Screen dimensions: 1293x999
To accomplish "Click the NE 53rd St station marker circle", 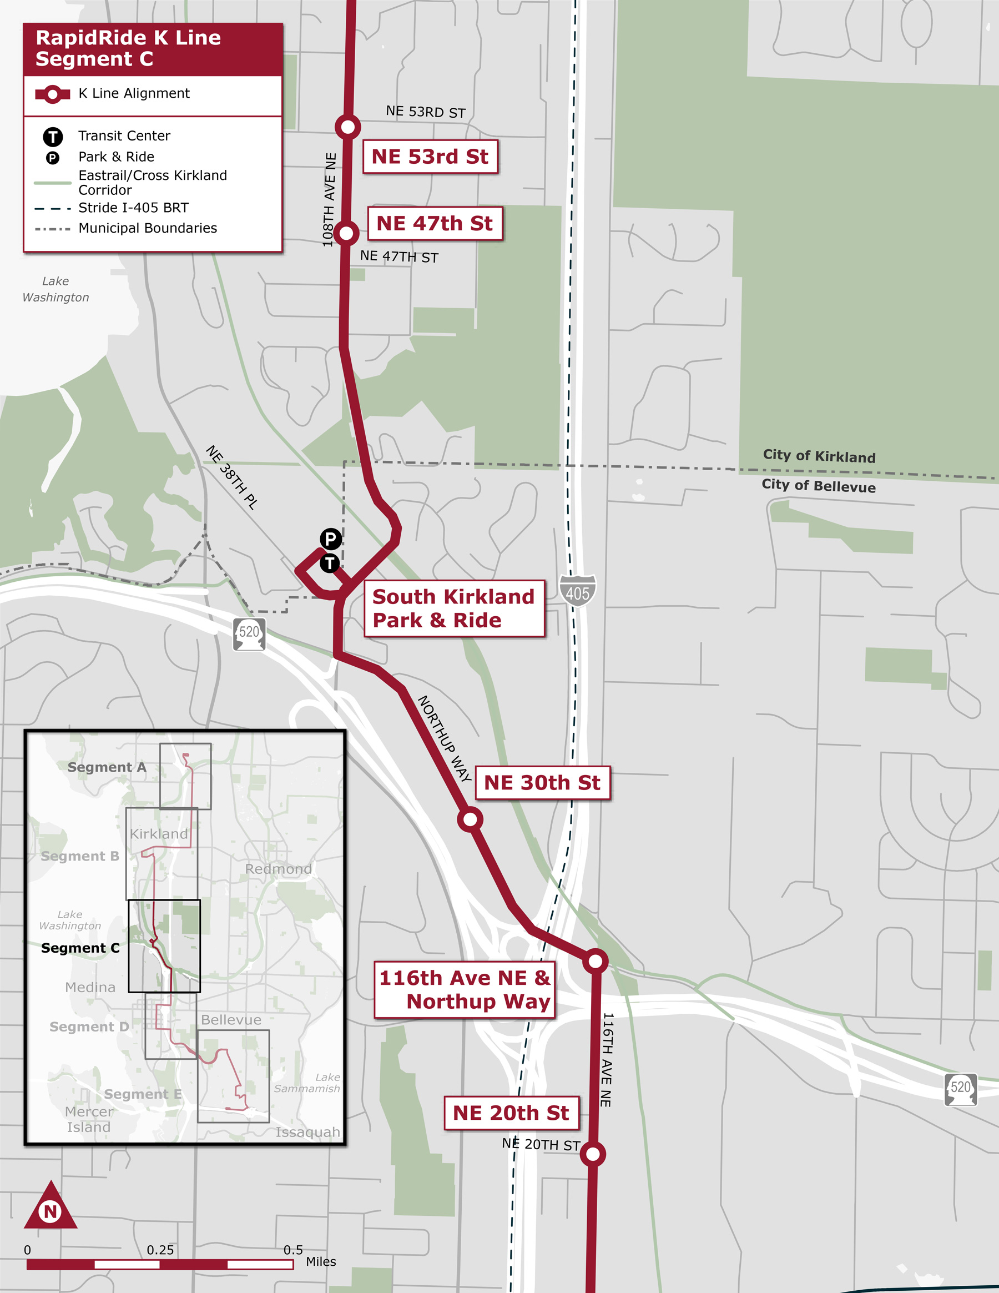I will [348, 127].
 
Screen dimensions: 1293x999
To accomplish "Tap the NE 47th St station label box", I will [435, 223].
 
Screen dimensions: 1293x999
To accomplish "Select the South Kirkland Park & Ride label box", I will [454, 608].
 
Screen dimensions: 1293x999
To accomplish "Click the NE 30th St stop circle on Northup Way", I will [470, 819].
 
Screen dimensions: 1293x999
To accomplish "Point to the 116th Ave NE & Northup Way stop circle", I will [596, 960].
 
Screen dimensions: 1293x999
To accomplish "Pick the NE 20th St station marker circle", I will [593, 1154].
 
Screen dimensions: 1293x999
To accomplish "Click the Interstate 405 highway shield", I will [578, 591].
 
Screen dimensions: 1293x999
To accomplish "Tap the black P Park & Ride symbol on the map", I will [331, 539].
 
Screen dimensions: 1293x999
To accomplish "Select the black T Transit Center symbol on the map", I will [330, 563].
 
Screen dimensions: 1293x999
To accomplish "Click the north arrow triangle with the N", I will [51, 1208].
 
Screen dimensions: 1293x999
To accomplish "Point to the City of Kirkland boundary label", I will [819, 456].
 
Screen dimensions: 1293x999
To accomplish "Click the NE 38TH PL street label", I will [231, 477].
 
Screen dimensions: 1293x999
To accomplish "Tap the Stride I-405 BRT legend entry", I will [133, 208].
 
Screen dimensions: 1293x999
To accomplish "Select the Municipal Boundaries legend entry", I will [148, 228].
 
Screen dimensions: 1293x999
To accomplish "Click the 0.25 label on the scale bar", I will [160, 1250].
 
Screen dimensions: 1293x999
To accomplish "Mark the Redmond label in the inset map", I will [278, 869].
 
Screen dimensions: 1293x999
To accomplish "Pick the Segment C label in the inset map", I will [80, 948].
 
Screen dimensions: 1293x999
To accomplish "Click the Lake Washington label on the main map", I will [56, 289].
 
